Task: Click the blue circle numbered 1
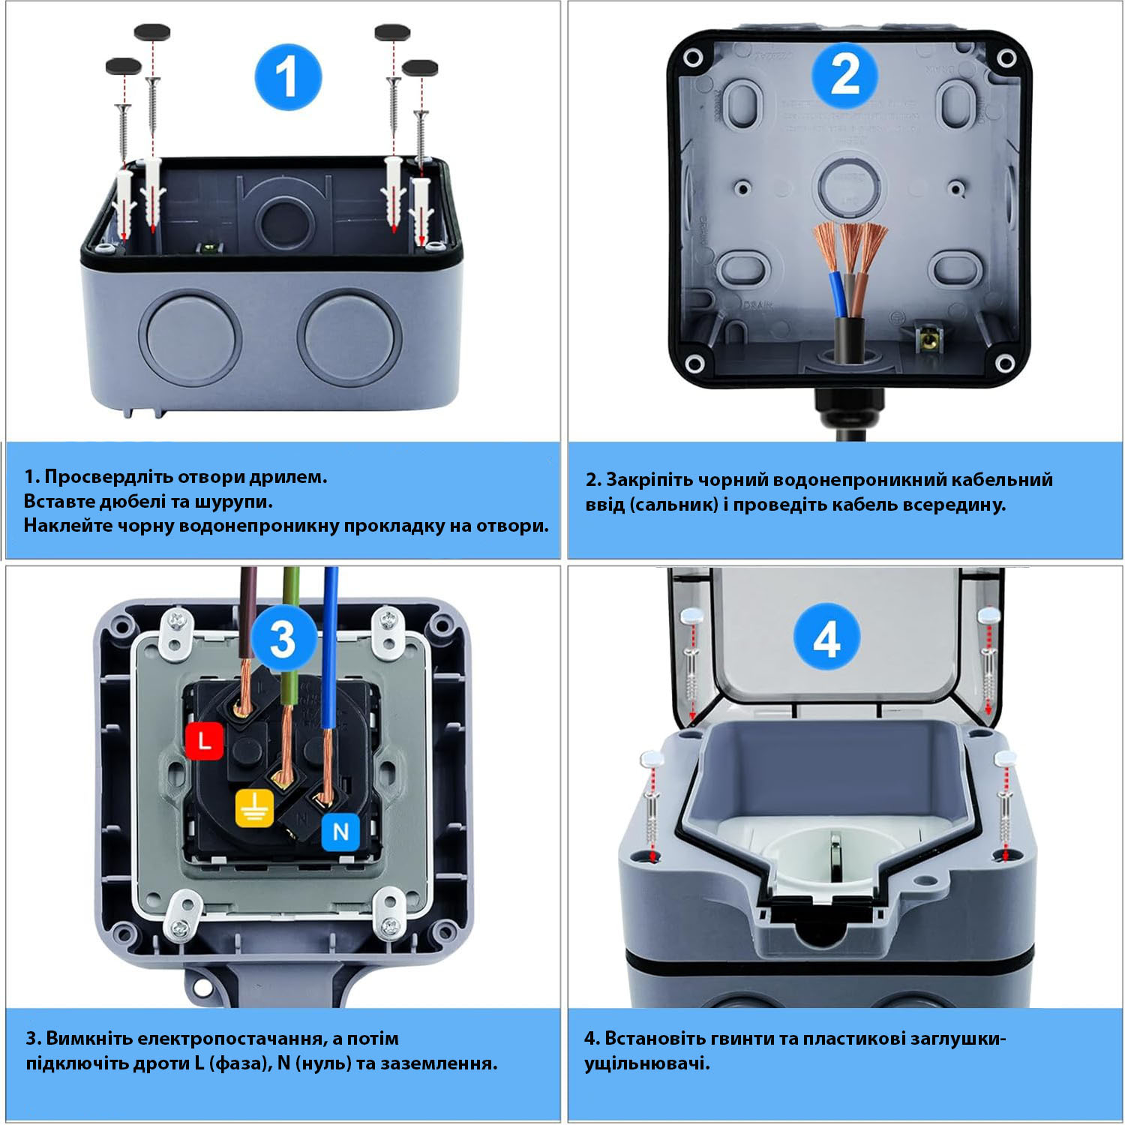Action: pos(288,77)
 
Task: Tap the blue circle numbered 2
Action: pos(845,75)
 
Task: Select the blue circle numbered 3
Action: pos(283,639)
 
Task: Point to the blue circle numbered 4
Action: pos(826,639)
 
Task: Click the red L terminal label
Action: pos(204,742)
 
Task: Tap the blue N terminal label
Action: pos(340,832)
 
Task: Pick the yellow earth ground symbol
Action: pos(255,808)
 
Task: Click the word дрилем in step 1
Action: pos(288,477)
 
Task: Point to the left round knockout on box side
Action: pos(190,335)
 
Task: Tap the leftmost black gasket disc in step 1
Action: pos(124,66)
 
